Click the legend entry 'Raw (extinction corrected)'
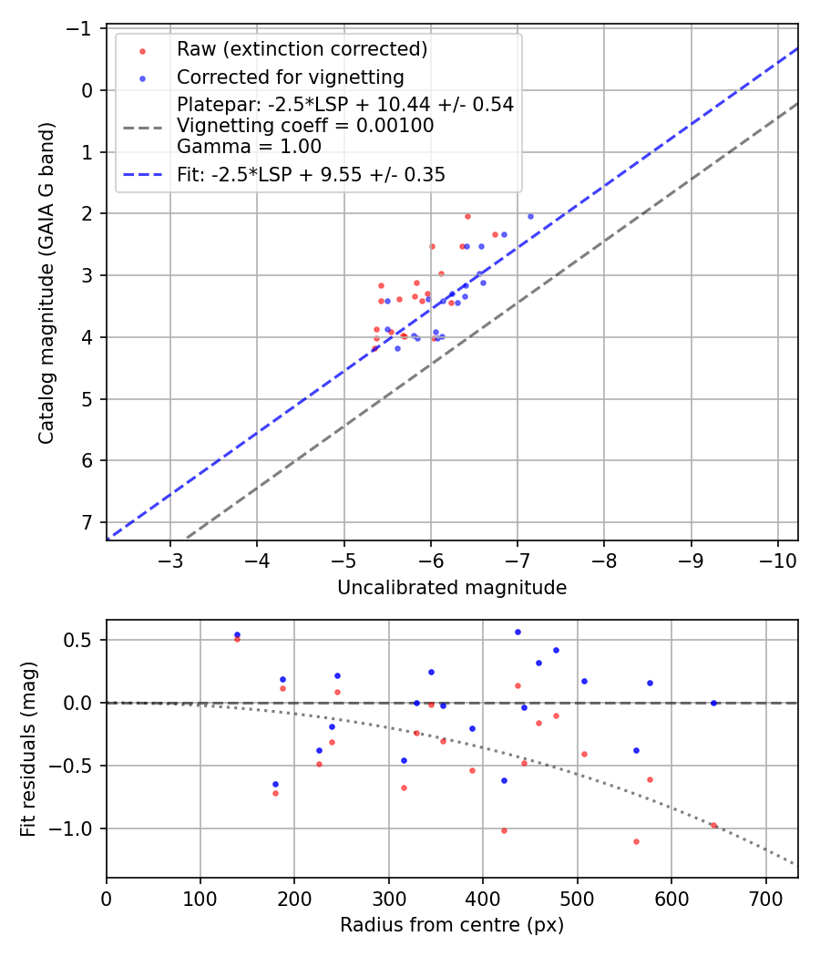[302, 48]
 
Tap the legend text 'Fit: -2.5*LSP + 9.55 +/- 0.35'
[311, 175]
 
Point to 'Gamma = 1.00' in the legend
[249, 146]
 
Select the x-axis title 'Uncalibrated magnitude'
[452, 588]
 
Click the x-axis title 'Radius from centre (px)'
[452, 925]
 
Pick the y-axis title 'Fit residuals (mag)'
[28, 748]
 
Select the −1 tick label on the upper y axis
[81, 28]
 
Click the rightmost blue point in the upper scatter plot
[530, 216]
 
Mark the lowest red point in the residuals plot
[636, 841]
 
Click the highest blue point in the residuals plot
[518, 632]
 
